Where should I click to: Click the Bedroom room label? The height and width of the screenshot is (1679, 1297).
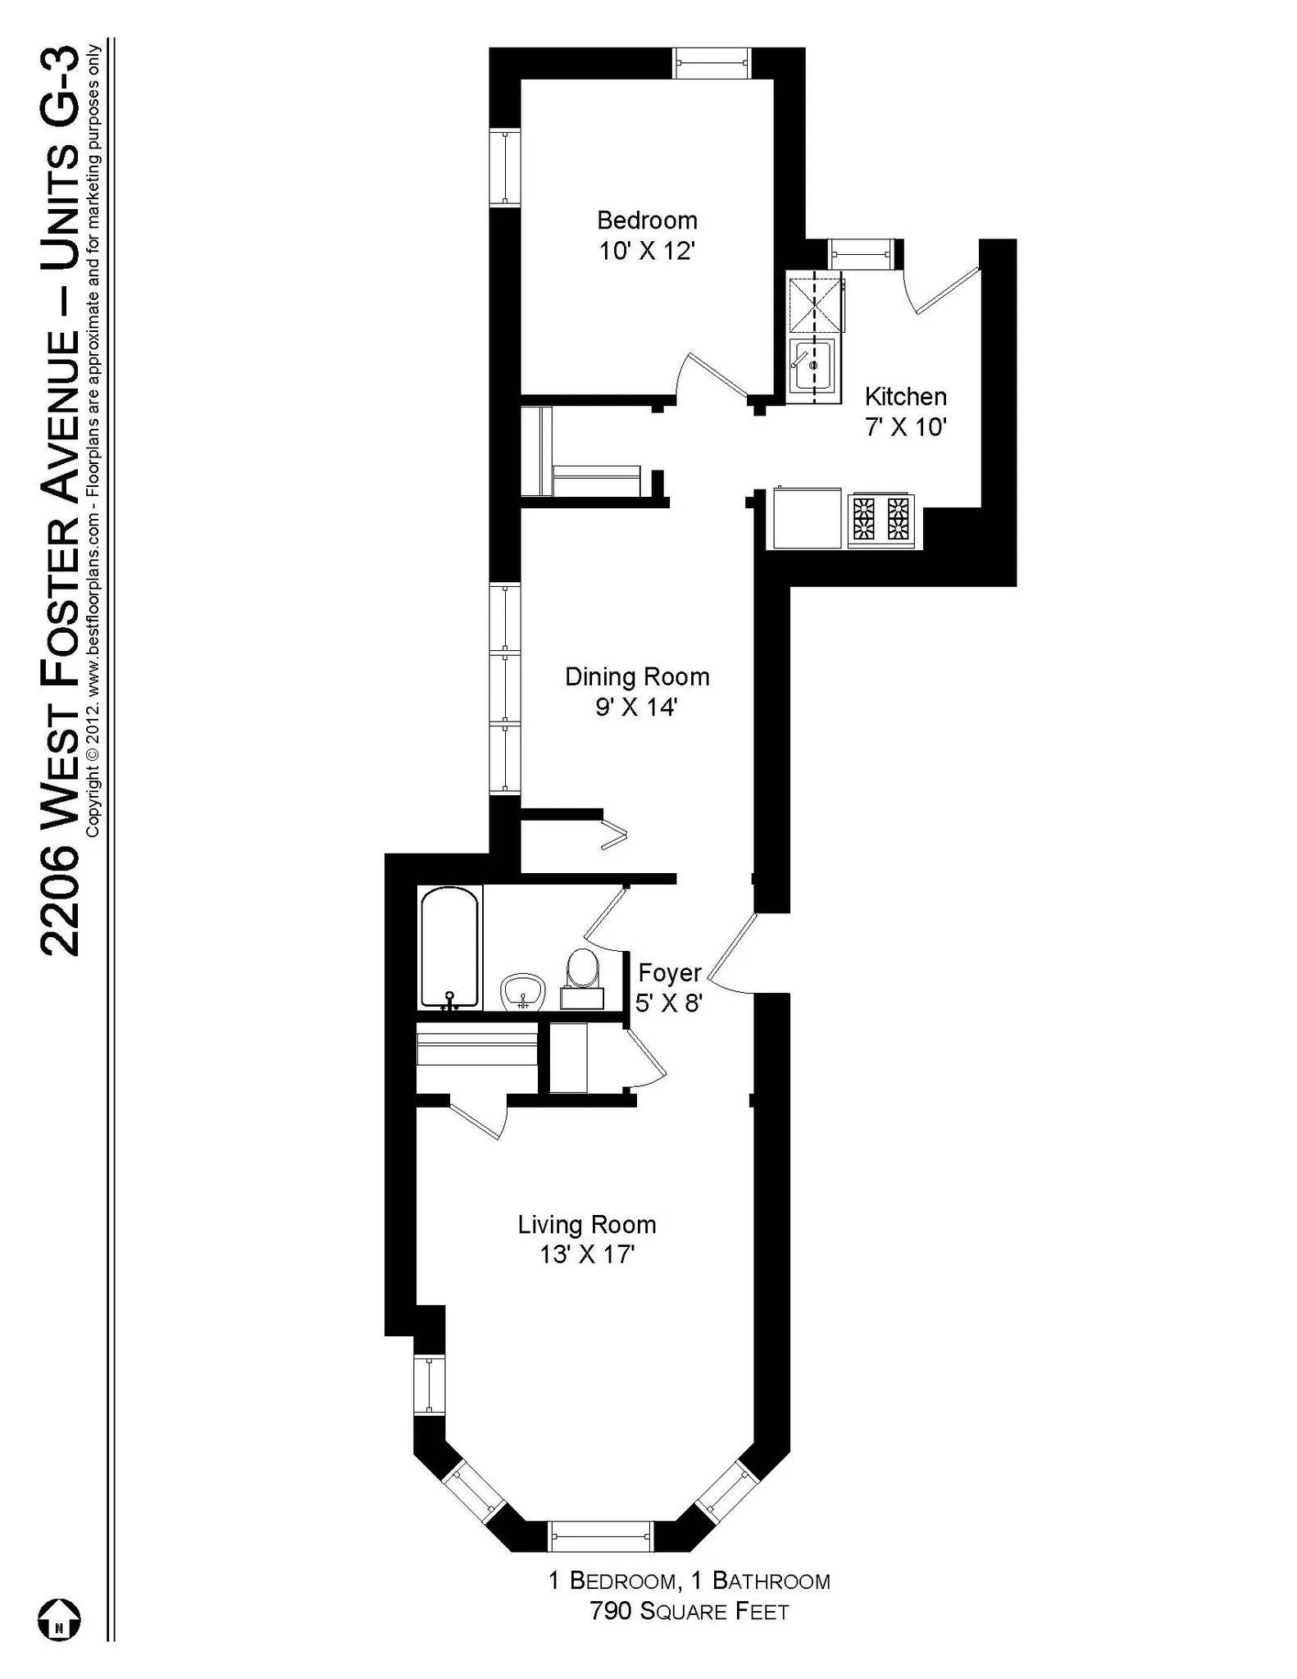coord(647,220)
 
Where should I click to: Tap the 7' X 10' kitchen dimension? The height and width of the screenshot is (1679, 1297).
coord(906,427)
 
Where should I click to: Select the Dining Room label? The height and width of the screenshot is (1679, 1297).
coord(637,676)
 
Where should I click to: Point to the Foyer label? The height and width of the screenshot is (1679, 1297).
coord(670,973)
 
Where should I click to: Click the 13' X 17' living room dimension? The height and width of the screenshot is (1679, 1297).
coord(587,1255)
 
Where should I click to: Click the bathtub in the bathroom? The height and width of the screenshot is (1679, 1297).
coord(449,948)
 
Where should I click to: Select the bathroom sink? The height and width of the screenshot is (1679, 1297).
coord(522,992)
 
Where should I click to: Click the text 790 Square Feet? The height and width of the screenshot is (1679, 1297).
coord(689,1612)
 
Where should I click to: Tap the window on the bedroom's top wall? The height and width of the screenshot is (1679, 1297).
coord(711,63)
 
